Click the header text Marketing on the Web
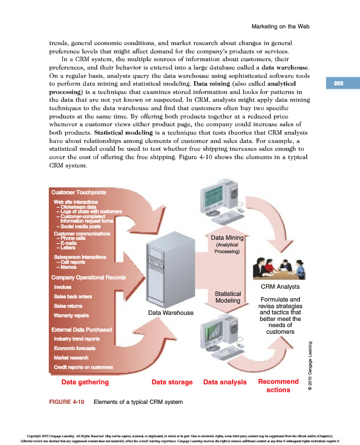(280, 27)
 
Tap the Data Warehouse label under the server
(171, 313)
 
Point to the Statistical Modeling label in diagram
(227, 297)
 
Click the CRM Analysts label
(280, 287)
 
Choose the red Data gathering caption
(85, 382)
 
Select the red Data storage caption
(172, 382)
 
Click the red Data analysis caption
(225, 382)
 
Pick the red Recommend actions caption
(278, 385)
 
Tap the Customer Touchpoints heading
(75, 192)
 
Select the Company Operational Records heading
(88, 277)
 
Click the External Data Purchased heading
(81, 329)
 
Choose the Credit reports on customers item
(83, 367)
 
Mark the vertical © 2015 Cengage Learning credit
(310, 368)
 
